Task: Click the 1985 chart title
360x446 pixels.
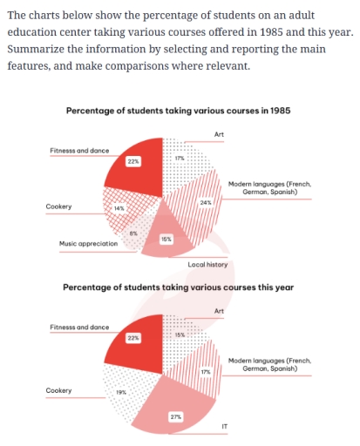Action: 178,111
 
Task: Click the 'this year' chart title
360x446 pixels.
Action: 178,287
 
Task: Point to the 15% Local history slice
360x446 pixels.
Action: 165,240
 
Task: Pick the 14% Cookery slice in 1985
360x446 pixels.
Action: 122,210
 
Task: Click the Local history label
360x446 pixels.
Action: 207,263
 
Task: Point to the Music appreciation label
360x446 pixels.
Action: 88,244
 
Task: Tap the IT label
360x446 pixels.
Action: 225,426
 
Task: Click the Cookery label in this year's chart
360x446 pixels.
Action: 58,390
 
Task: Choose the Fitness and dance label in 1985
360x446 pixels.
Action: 79,151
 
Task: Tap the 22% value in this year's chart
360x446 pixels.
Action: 133,337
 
